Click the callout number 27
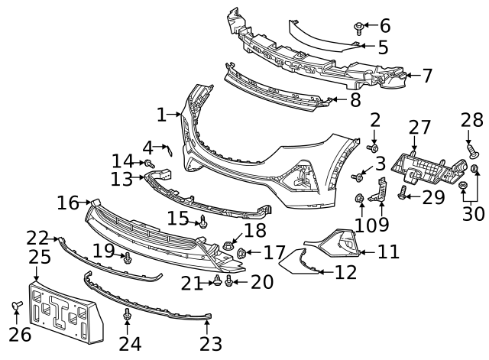click(419, 127)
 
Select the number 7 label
click(427, 75)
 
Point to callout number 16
click(68, 203)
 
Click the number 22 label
click(37, 238)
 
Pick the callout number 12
click(345, 271)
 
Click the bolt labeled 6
click(359, 28)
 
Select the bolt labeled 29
click(405, 198)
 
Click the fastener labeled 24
click(128, 314)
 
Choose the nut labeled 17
click(241, 252)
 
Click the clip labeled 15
click(204, 222)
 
